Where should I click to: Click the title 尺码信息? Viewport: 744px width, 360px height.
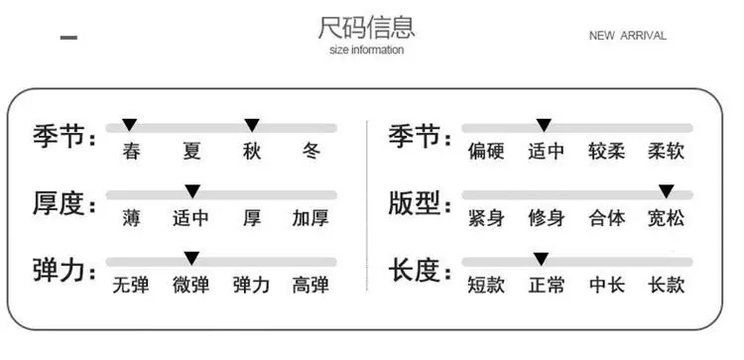point(366,28)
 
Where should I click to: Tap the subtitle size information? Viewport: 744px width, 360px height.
point(366,50)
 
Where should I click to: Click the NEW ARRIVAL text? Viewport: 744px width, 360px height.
point(627,36)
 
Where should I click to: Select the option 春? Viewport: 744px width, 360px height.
point(131,152)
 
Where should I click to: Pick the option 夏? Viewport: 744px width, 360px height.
point(191,152)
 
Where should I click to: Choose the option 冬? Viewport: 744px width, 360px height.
point(311,152)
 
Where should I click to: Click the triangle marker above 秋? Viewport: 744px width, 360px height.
point(252,125)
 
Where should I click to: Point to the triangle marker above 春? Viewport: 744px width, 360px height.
point(130,125)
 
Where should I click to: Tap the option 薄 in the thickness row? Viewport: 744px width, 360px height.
point(131,218)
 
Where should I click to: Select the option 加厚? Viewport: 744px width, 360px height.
point(310,218)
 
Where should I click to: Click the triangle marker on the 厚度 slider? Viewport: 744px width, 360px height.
point(192,191)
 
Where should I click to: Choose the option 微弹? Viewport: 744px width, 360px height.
point(190,285)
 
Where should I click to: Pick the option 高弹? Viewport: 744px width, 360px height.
point(310,285)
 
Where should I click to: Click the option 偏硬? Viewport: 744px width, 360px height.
point(486,152)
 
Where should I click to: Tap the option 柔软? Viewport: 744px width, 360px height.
point(667,152)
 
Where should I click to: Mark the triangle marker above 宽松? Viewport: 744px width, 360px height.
point(667,191)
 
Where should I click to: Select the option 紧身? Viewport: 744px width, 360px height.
point(486,218)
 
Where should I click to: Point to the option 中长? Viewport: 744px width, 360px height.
point(607,285)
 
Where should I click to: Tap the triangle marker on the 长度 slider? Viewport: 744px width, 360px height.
point(541,259)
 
